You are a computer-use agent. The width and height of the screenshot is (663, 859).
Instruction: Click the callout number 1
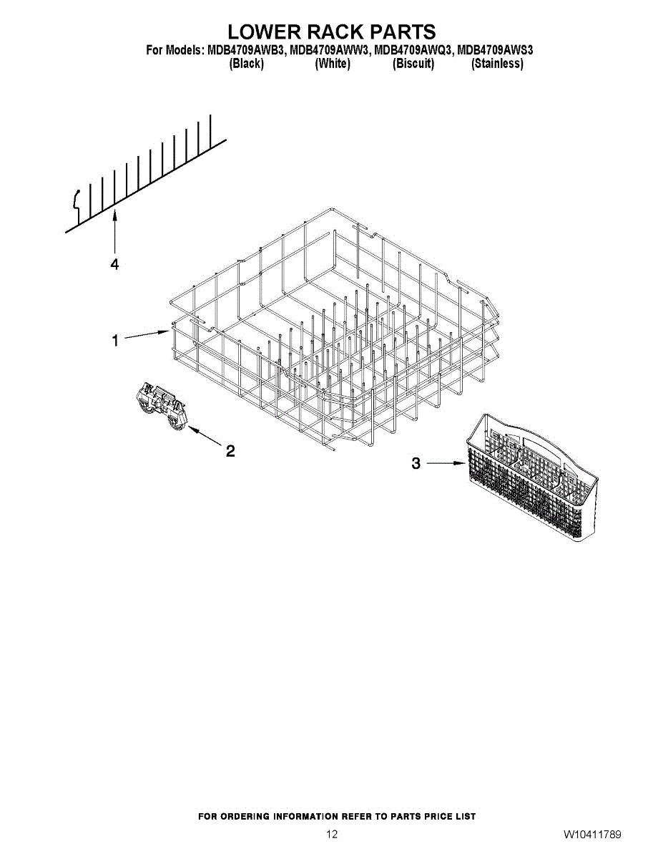click(x=115, y=340)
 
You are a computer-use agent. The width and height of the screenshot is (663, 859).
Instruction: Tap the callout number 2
click(x=230, y=451)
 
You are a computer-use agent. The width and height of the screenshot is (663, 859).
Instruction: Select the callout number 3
click(x=416, y=463)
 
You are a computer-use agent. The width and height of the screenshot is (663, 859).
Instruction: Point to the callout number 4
click(x=114, y=264)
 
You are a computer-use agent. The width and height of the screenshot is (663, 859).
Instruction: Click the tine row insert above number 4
click(x=146, y=174)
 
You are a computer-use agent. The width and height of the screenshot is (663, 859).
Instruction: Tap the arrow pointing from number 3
click(x=446, y=463)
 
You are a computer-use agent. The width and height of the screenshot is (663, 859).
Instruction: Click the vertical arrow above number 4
click(x=114, y=232)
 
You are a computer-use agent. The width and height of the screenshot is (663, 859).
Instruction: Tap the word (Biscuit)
click(x=413, y=64)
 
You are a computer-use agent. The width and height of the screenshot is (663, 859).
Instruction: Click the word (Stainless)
click(x=497, y=64)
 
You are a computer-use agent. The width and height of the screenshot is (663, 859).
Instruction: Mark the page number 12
click(x=332, y=834)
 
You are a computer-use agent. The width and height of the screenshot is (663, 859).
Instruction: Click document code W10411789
click(x=592, y=834)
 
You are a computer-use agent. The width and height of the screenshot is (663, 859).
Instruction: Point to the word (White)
click(x=332, y=64)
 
